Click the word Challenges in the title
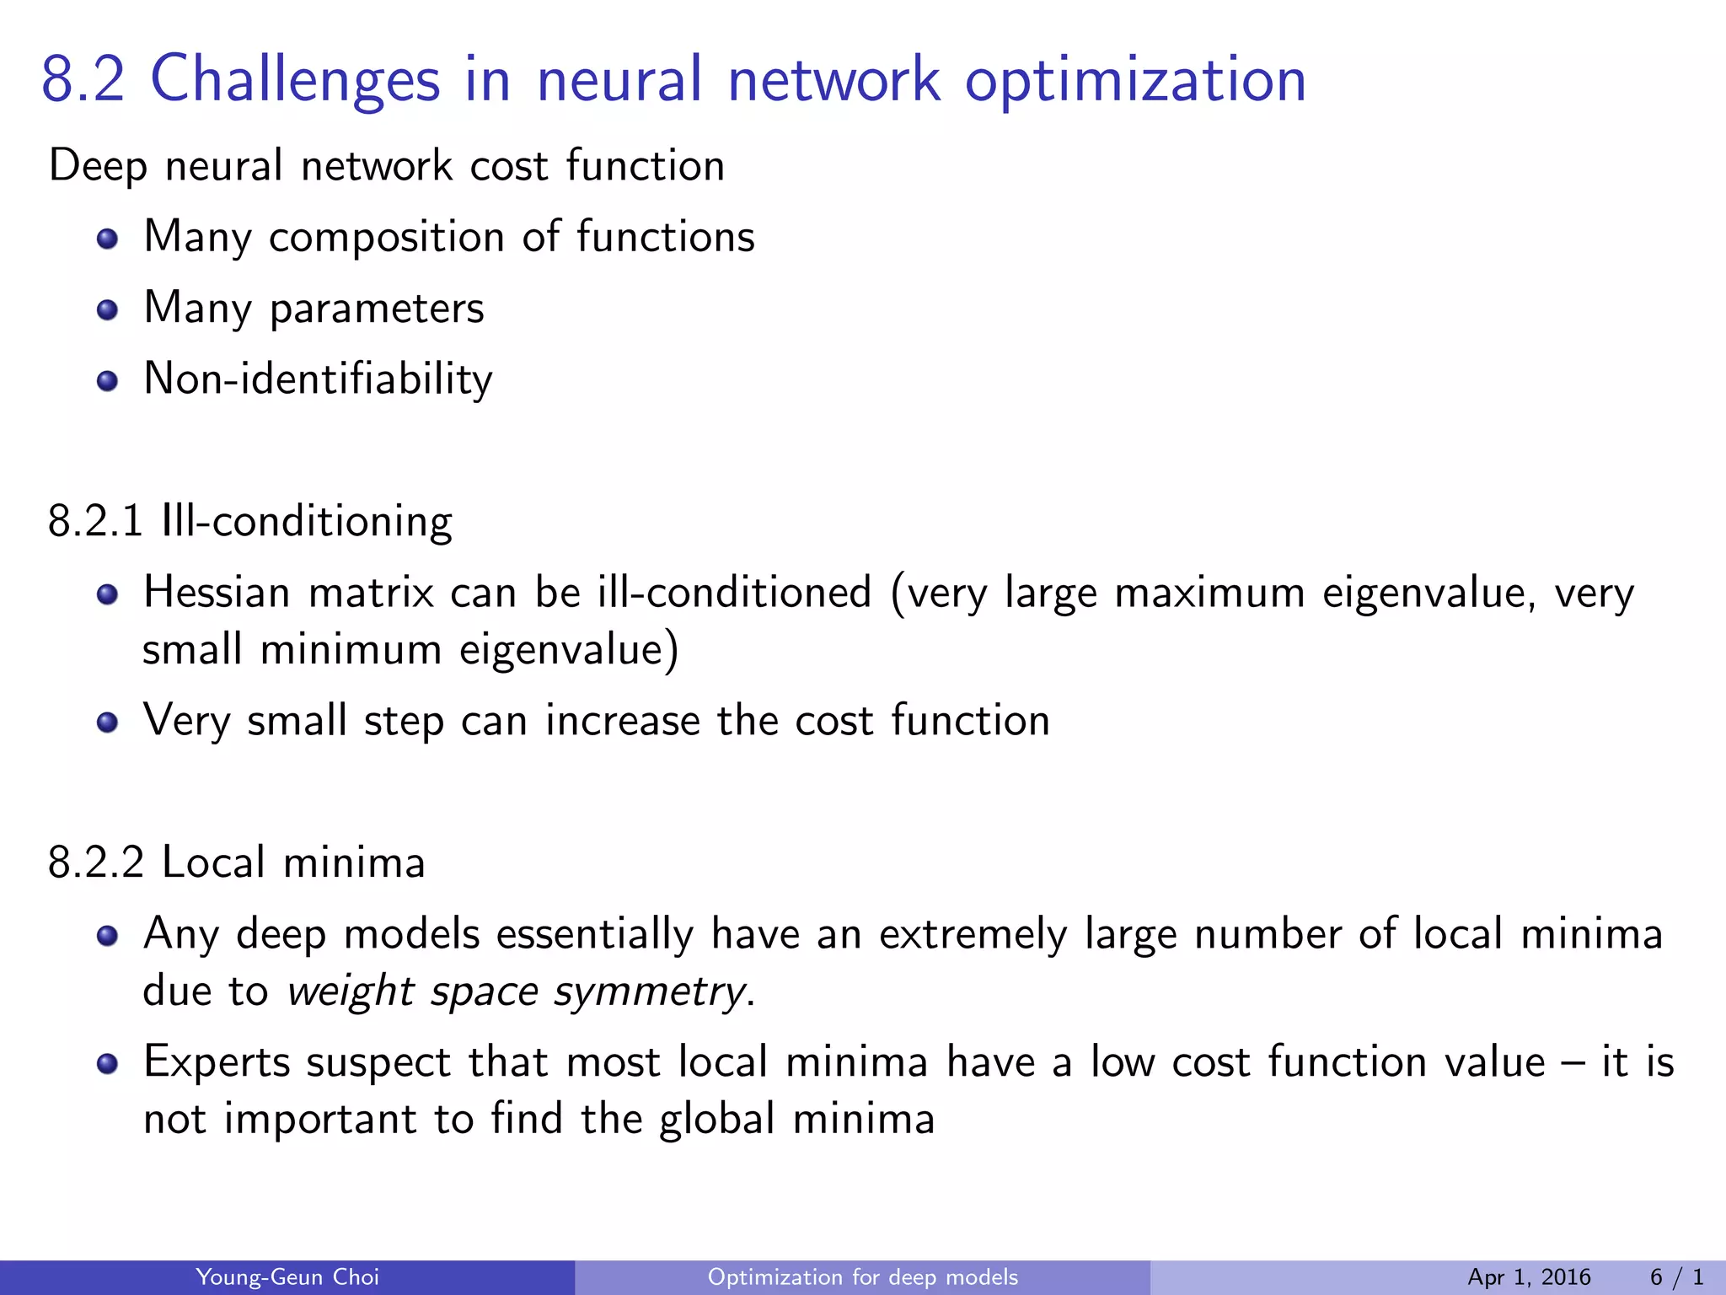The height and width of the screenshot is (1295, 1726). click(x=295, y=80)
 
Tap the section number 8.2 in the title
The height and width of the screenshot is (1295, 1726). click(x=83, y=80)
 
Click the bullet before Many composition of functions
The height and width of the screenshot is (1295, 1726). click(x=107, y=239)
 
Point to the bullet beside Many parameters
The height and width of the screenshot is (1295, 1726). click(x=107, y=310)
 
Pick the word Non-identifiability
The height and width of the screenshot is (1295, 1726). click(x=318, y=379)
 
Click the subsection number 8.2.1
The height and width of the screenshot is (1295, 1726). click(x=95, y=521)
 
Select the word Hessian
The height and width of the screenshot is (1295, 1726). click(x=217, y=593)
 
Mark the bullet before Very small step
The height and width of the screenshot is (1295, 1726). click(x=107, y=723)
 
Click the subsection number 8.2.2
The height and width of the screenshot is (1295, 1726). click(x=95, y=862)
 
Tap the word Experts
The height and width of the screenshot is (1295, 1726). click(x=217, y=1062)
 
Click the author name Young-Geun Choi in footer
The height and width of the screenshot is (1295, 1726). click(x=287, y=1277)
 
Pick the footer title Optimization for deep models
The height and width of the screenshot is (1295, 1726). click(x=862, y=1277)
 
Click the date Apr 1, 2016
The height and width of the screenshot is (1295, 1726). click(x=1529, y=1277)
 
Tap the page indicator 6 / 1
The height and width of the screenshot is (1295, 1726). click(x=1677, y=1277)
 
